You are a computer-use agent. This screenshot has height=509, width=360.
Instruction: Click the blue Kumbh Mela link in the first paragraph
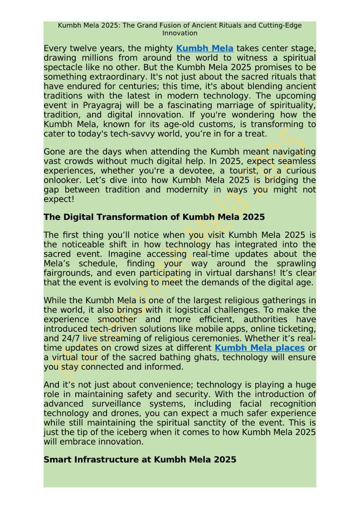click(x=204, y=48)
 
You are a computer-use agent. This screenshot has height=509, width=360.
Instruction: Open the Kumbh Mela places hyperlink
click(x=259, y=348)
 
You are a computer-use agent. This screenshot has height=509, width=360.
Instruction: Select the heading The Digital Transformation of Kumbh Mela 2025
click(x=154, y=217)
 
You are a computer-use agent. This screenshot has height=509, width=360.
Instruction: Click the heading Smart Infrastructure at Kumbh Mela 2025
click(x=140, y=460)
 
